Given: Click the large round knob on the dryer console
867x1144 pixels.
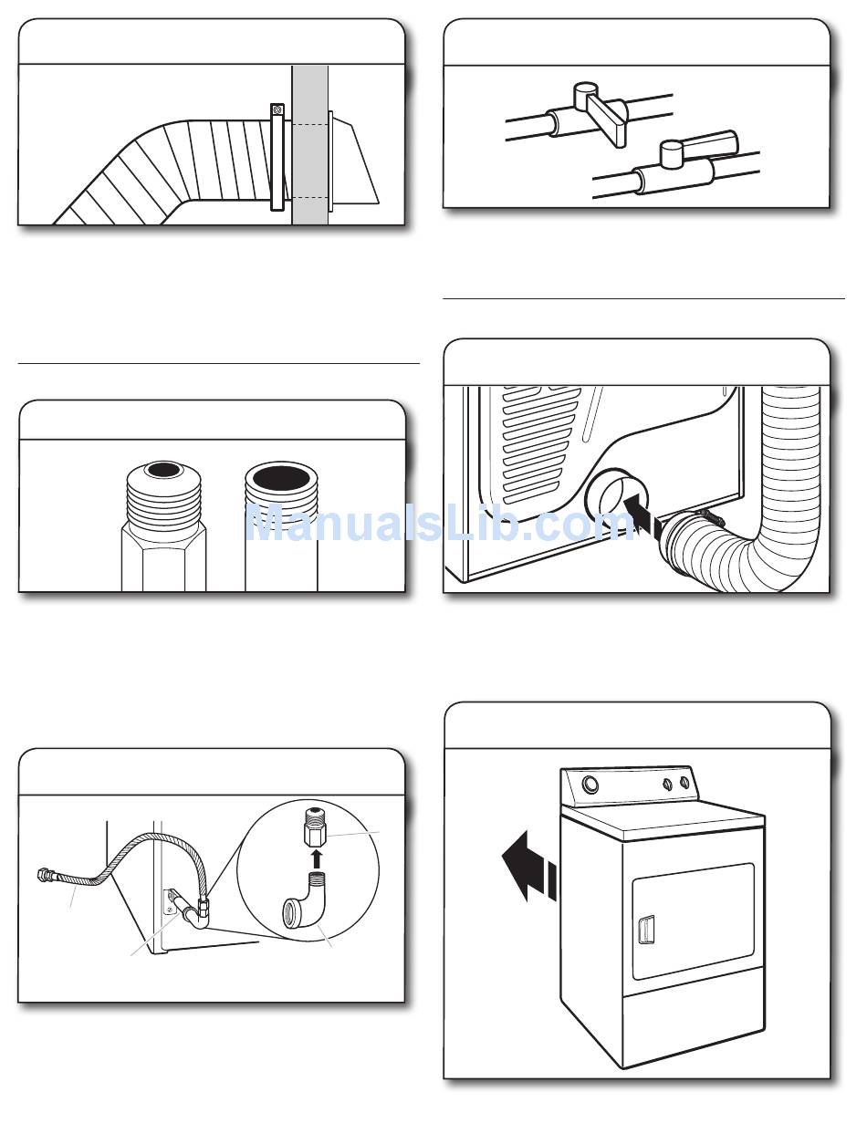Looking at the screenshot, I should point(589,784).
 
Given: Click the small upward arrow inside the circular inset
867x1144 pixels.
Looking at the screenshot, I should point(314,858).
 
